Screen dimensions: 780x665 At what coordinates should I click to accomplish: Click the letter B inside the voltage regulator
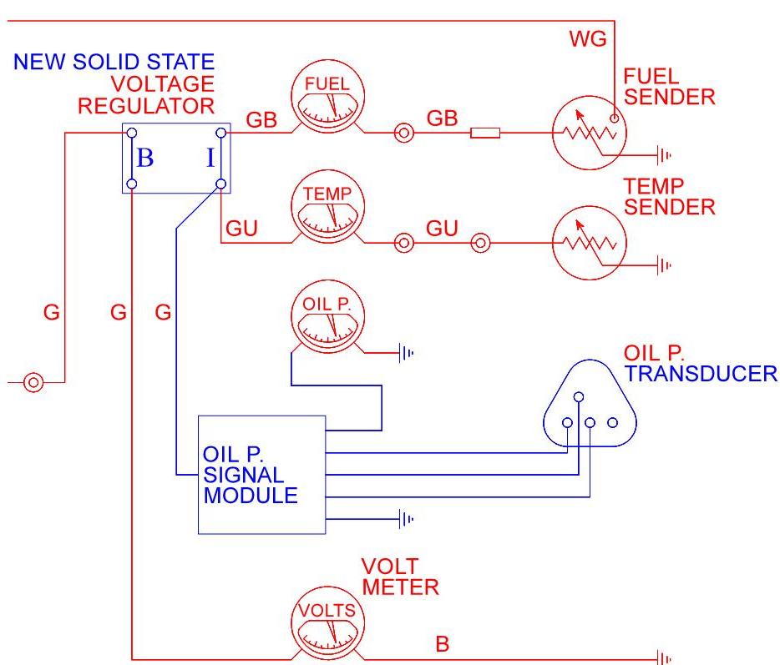(x=144, y=158)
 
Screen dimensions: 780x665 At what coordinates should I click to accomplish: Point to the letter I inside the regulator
(x=210, y=158)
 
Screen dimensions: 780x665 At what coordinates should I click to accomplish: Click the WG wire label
(x=588, y=38)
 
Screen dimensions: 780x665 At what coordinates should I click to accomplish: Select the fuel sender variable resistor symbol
(x=590, y=133)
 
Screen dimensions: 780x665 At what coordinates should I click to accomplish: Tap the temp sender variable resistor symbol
(x=590, y=243)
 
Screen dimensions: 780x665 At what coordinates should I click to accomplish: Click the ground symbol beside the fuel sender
(x=664, y=155)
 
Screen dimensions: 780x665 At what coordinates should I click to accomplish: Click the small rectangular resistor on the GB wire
(x=485, y=133)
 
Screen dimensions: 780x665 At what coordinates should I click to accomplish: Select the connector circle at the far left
(x=33, y=383)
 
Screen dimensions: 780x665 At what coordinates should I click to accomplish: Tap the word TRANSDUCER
(x=701, y=374)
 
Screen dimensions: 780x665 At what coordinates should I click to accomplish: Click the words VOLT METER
(x=400, y=577)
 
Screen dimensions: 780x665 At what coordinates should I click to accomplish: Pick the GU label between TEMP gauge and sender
(x=442, y=228)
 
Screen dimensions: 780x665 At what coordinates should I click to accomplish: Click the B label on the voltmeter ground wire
(x=443, y=643)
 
